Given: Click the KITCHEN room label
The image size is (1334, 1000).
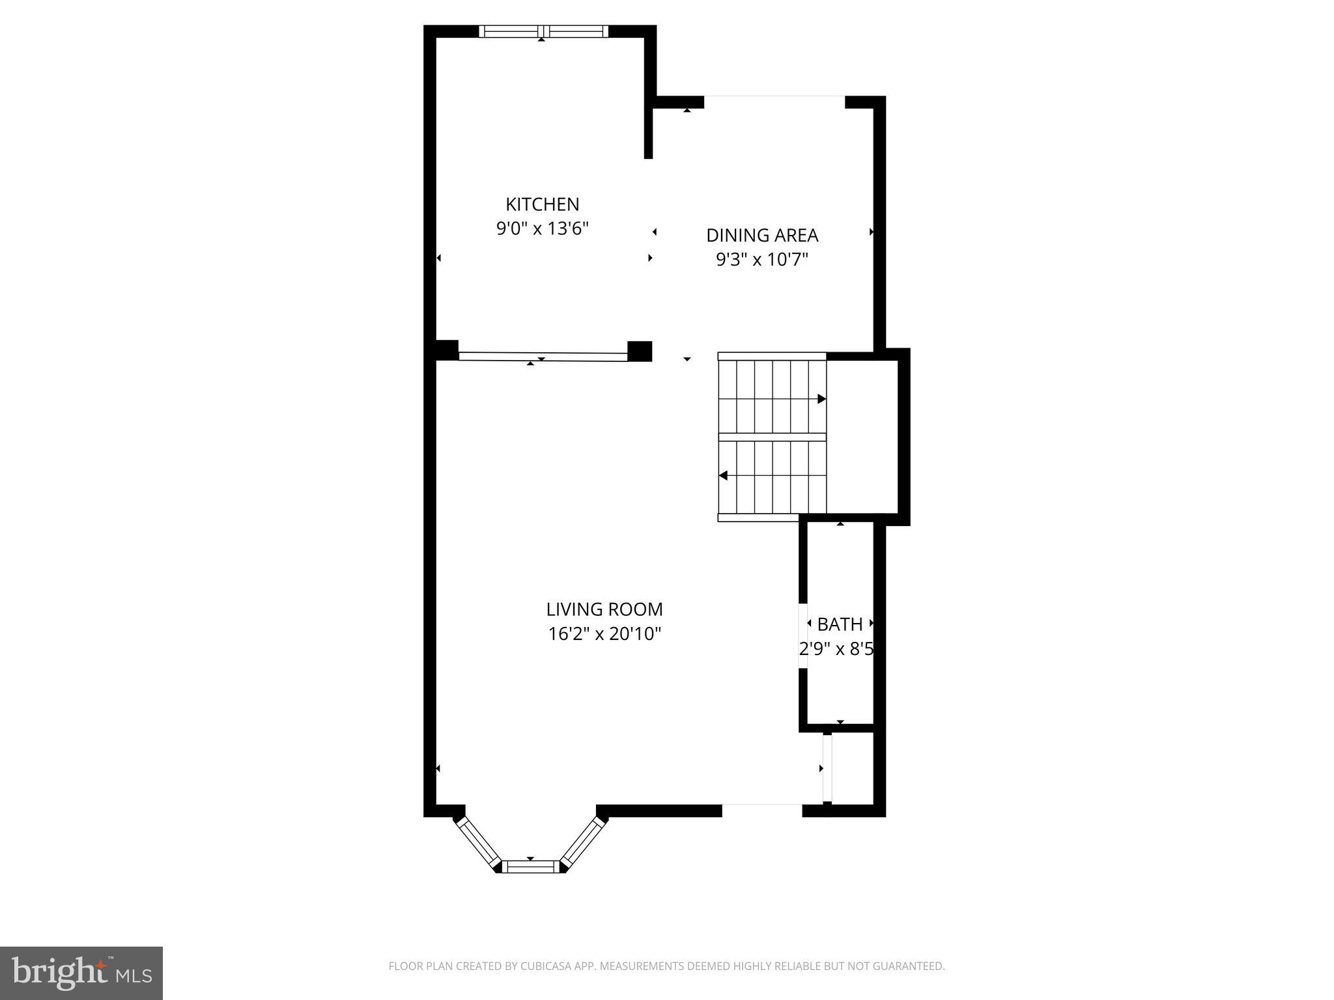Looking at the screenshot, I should pyautogui.click(x=542, y=204).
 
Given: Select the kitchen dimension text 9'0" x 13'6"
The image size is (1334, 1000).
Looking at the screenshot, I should pyautogui.click(x=542, y=229).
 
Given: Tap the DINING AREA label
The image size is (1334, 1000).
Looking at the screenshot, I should pyautogui.click(x=762, y=236).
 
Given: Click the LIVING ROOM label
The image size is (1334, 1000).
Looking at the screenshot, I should pyautogui.click(x=604, y=610).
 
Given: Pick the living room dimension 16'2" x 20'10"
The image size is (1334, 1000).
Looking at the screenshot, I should pyautogui.click(x=604, y=634).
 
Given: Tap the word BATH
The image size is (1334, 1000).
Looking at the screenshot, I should pyautogui.click(x=840, y=624).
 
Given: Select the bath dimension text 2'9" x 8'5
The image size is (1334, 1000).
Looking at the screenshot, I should pyautogui.click(x=836, y=649).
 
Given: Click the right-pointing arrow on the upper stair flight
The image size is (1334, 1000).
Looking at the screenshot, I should pyautogui.click(x=822, y=399).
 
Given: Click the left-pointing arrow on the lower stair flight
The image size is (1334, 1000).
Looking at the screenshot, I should pyautogui.click(x=723, y=476).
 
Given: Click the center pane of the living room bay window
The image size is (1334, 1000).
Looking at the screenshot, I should pyautogui.click(x=530, y=867).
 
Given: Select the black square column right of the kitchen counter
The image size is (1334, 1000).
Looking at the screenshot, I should pyautogui.click(x=640, y=351).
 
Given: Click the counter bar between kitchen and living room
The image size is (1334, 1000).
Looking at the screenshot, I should pyautogui.click(x=543, y=357).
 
